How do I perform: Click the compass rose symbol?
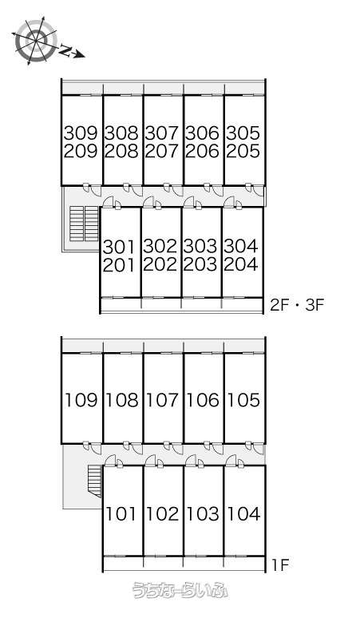[x=36, y=40]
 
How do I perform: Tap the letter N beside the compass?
[x=66, y=50]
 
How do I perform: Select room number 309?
[x=81, y=133]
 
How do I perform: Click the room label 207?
[x=161, y=151]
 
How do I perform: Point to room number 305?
[x=243, y=133]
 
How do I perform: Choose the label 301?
[x=119, y=248]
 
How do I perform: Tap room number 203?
[x=200, y=265]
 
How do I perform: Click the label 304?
[x=241, y=247]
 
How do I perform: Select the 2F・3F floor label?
[x=297, y=305]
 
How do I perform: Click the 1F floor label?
[x=280, y=565]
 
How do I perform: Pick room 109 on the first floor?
[x=81, y=400]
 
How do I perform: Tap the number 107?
[x=162, y=400]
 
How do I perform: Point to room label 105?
[x=243, y=400]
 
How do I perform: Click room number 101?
[x=121, y=514]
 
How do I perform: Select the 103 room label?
[x=203, y=514]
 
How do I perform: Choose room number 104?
[x=243, y=514]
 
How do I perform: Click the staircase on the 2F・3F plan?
[x=84, y=223]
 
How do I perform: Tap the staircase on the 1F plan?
[x=94, y=480]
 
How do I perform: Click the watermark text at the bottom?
[x=180, y=589]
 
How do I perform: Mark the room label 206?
[x=202, y=151]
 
